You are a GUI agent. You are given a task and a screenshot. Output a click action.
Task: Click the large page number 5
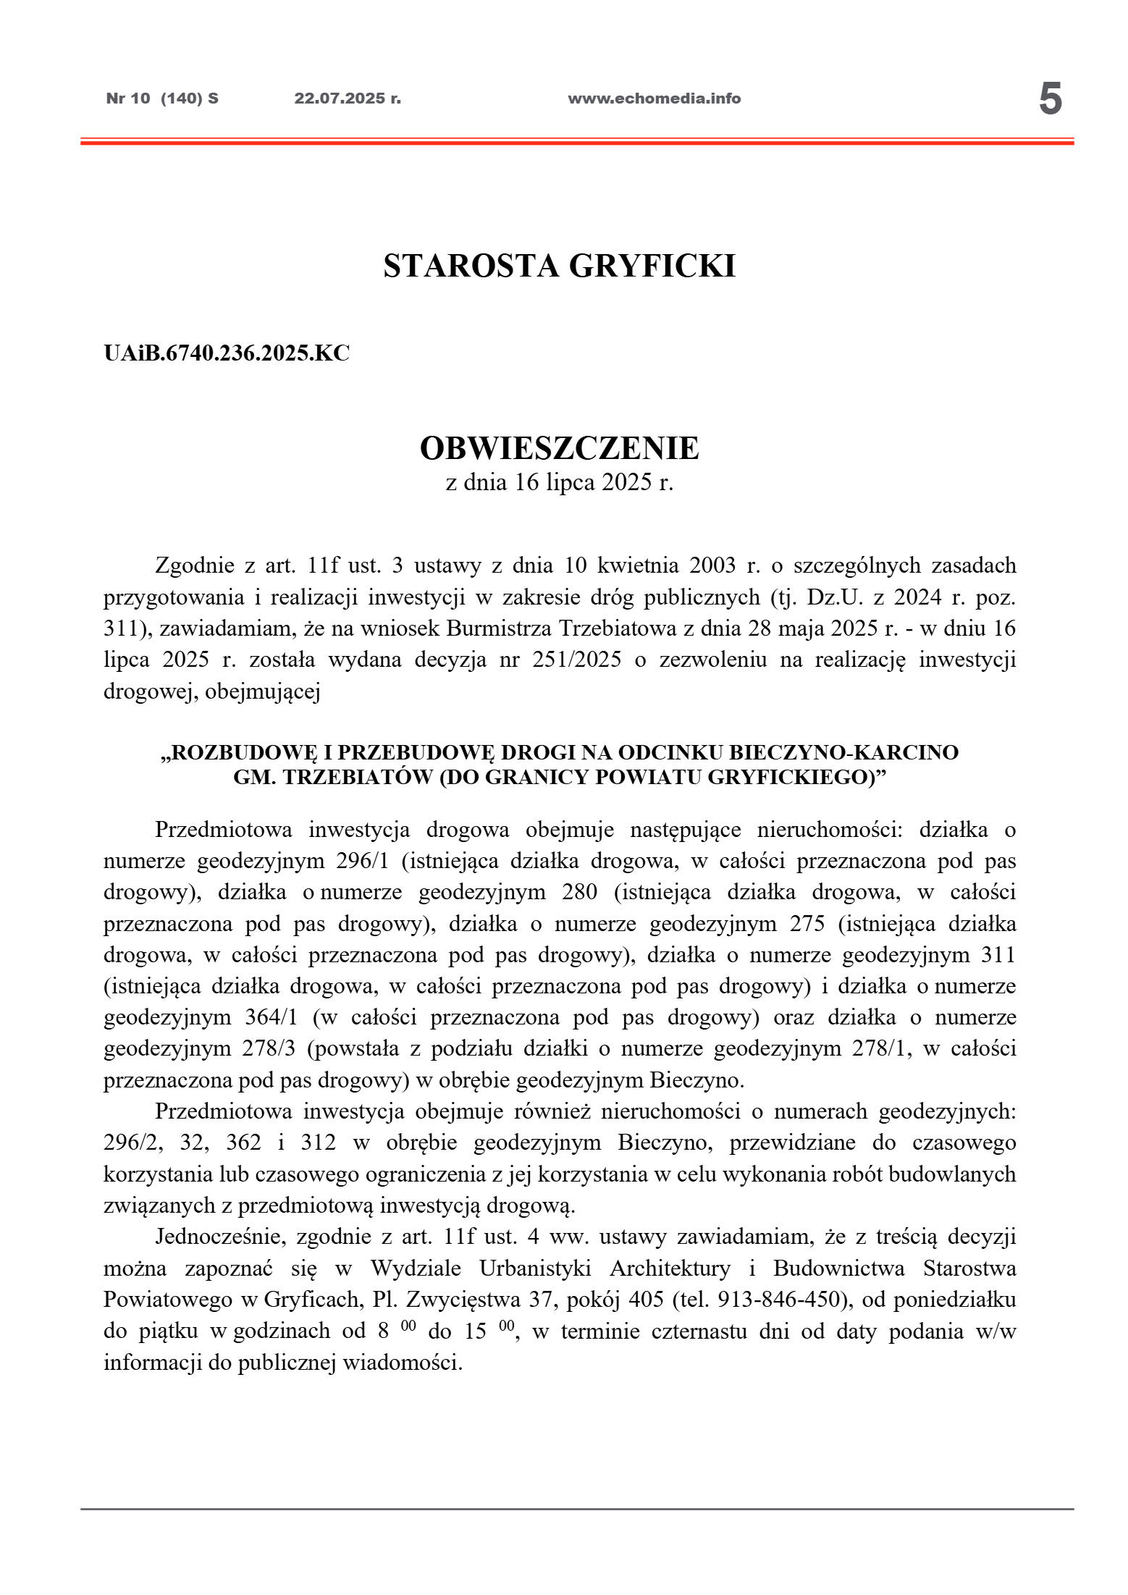[x=1050, y=100]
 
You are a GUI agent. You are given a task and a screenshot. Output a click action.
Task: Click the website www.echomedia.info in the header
[x=654, y=98]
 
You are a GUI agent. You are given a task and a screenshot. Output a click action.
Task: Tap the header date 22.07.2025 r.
[x=348, y=98]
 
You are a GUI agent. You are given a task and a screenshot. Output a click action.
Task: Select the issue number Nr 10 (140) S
[x=162, y=98]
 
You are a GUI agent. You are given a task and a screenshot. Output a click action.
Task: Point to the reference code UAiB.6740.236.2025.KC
[x=227, y=353]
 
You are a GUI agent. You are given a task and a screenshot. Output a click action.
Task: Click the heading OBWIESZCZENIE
[x=559, y=448]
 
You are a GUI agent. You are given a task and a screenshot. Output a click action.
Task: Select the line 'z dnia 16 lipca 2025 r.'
[x=559, y=483]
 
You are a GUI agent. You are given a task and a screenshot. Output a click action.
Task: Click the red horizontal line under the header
[x=576, y=143]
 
